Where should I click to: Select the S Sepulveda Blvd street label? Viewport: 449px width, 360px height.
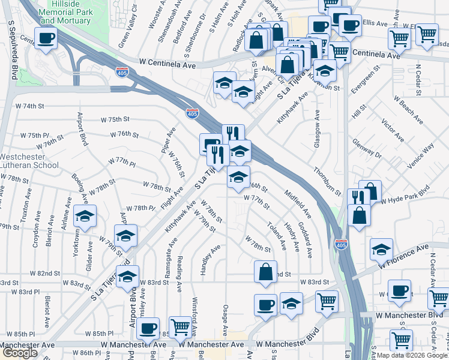(13, 51)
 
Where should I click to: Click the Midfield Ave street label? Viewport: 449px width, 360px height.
(298, 204)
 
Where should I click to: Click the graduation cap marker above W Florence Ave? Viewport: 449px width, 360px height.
(381, 248)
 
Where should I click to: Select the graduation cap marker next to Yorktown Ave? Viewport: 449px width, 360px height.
(85, 216)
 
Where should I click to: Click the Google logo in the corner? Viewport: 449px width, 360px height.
(20, 353)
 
